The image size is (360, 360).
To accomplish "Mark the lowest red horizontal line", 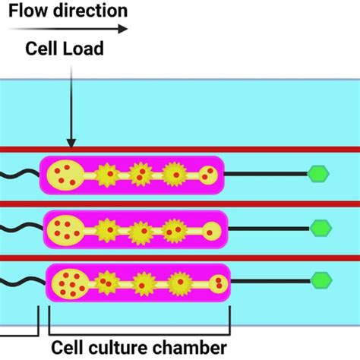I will coord(180,257).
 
